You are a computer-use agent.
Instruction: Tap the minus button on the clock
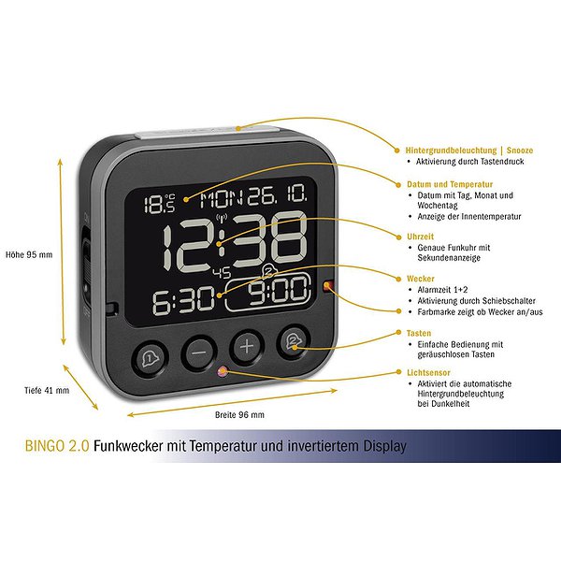click(199, 352)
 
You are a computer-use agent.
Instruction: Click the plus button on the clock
click(247, 347)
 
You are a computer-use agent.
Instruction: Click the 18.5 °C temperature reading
click(160, 203)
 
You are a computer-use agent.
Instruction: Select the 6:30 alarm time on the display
click(183, 299)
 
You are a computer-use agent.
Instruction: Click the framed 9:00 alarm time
click(268, 292)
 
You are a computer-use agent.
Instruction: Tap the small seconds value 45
click(223, 273)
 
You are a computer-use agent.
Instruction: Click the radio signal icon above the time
click(222, 217)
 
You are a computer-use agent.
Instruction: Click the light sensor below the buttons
click(223, 372)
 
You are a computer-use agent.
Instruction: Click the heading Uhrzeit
click(420, 237)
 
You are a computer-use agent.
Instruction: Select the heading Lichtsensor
click(428, 372)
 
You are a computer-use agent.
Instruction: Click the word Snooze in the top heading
click(520, 151)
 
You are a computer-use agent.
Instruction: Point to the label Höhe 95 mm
click(29, 254)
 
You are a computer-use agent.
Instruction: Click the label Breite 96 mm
click(239, 415)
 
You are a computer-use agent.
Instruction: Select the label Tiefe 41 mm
click(47, 390)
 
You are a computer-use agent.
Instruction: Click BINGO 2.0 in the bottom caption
click(57, 446)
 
